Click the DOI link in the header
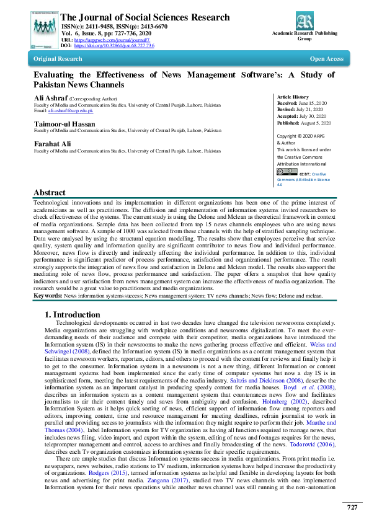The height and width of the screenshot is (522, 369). [x=114, y=46]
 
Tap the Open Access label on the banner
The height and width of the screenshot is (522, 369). [x=326, y=59]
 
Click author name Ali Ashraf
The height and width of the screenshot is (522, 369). [x=50, y=98]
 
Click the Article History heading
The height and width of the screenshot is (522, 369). [x=292, y=97]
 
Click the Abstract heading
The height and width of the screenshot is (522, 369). [x=49, y=193]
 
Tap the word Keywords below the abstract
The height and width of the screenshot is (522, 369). [x=47, y=296]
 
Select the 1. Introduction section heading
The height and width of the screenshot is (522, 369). [x=73, y=314]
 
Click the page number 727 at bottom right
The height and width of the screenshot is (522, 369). [x=352, y=507]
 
